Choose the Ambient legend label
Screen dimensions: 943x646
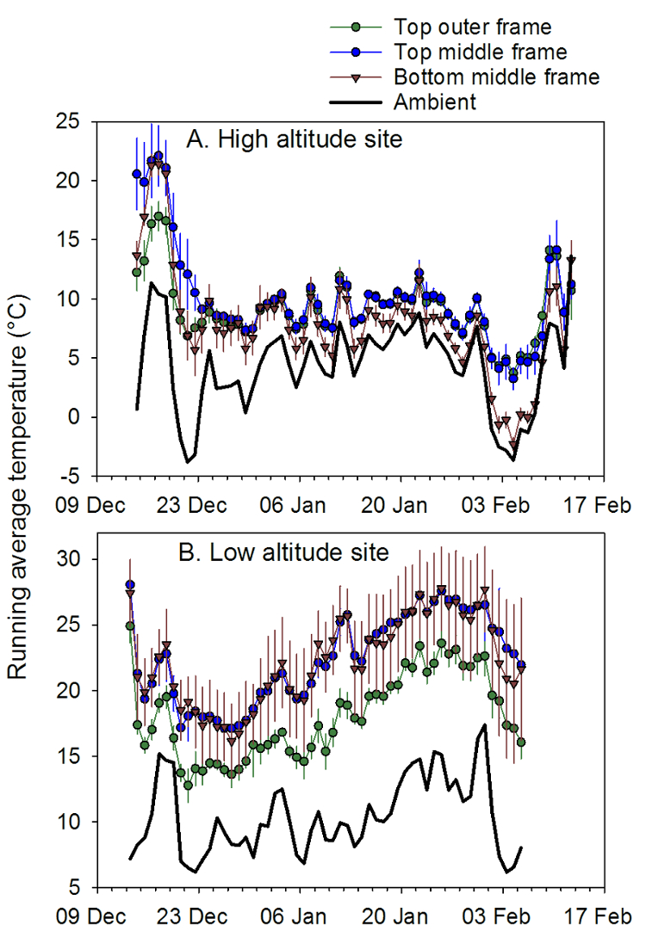pos(436,102)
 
